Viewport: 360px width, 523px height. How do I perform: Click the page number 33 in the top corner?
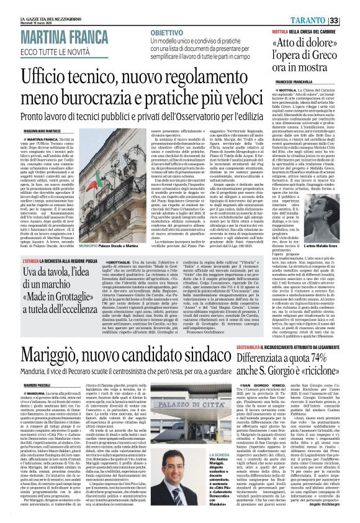point(351,20)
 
